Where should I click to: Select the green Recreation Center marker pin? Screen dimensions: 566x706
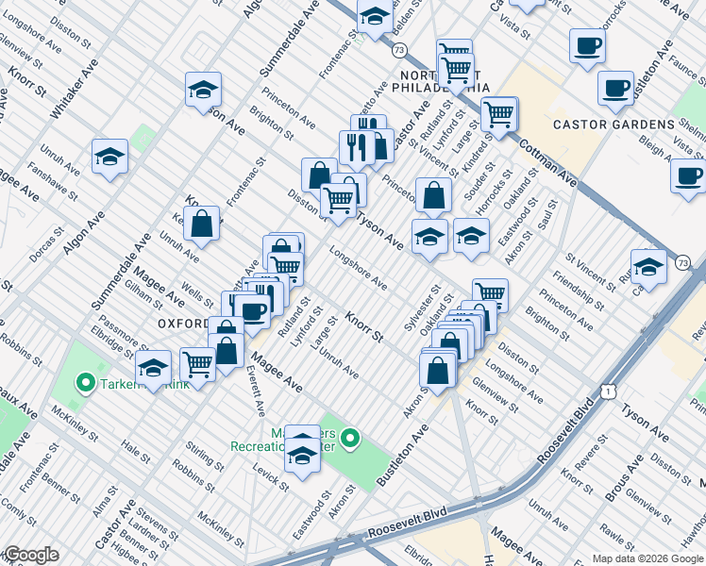click(x=350, y=438)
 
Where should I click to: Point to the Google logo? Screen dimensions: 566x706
click(x=30, y=555)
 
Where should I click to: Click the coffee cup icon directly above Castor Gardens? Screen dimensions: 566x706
click(x=615, y=89)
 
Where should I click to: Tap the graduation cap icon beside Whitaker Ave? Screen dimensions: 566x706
click(x=109, y=157)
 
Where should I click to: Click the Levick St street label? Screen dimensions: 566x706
click(x=271, y=475)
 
